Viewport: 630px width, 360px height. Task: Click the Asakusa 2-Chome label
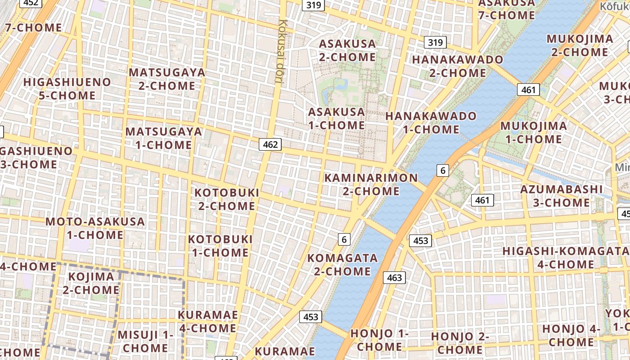(x=347, y=50)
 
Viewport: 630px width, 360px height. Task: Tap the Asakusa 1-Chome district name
(x=336, y=118)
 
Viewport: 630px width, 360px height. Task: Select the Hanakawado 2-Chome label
(x=457, y=66)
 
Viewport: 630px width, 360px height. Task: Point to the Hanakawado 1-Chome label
(x=431, y=123)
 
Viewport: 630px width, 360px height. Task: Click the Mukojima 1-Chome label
(x=533, y=132)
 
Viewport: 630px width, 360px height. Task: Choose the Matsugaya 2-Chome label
(x=167, y=79)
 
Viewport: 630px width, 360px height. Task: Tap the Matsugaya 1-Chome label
(x=164, y=138)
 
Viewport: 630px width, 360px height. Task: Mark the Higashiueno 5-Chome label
(x=67, y=89)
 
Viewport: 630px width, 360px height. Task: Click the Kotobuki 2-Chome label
(x=227, y=199)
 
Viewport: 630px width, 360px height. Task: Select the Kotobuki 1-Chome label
(x=220, y=246)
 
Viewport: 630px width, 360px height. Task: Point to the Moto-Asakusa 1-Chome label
(x=95, y=228)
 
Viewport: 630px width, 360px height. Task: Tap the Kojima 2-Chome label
(x=91, y=283)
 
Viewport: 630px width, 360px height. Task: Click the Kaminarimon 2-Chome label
(x=371, y=184)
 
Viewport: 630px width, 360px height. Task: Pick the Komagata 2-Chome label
(x=342, y=265)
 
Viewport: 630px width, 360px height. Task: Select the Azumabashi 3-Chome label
(x=561, y=196)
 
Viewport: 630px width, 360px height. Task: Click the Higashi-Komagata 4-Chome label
(x=566, y=257)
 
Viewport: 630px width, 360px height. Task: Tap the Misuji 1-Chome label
(x=145, y=341)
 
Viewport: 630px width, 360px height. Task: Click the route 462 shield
(x=270, y=144)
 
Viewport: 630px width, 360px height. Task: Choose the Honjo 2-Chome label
(x=460, y=343)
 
